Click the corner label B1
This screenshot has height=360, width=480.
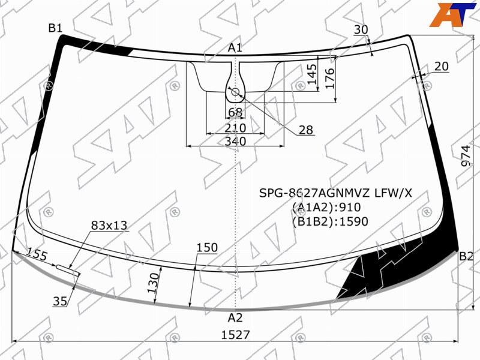point(55,28)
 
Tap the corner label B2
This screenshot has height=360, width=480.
point(466,256)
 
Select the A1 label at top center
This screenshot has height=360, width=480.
point(235,48)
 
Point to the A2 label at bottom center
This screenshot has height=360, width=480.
point(235,318)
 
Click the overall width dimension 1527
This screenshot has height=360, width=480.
point(235,335)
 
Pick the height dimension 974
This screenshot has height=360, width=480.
point(466,155)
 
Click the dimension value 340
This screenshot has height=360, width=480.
point(235,141)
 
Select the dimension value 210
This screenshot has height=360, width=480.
point(235,128)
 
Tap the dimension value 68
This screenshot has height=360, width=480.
point(235,113)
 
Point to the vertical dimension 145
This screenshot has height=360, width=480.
point(312,74)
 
